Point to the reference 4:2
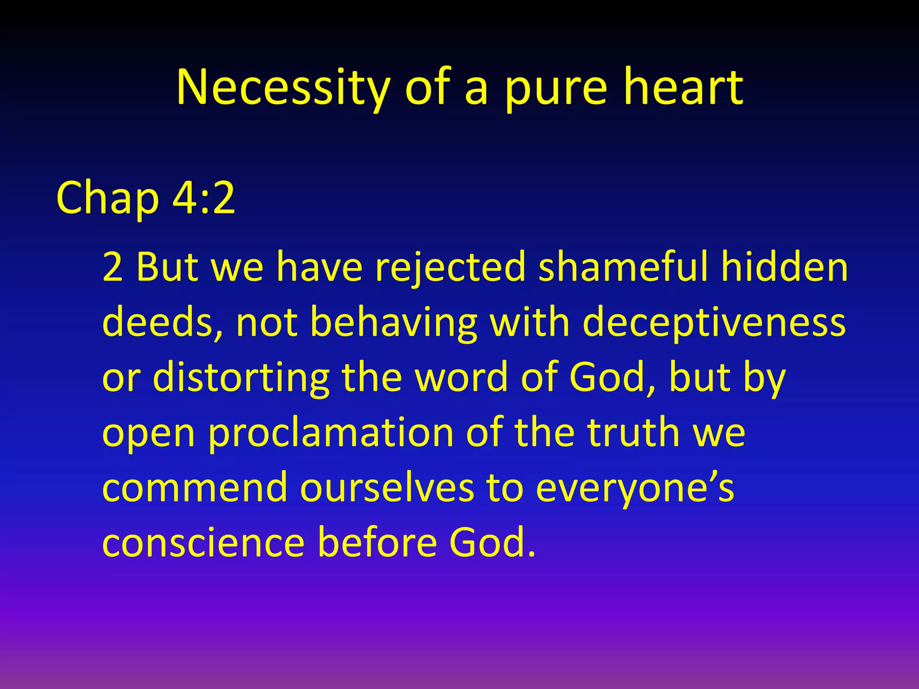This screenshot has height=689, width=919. tap(204, 197)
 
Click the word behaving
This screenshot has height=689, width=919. tap(393, 323)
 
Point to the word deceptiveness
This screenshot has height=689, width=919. tap(714, 323)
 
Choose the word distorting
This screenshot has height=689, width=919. tap(241, 378)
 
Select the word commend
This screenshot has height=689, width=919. tap(195, 488)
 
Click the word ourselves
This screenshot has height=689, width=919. tap(387, 488)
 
